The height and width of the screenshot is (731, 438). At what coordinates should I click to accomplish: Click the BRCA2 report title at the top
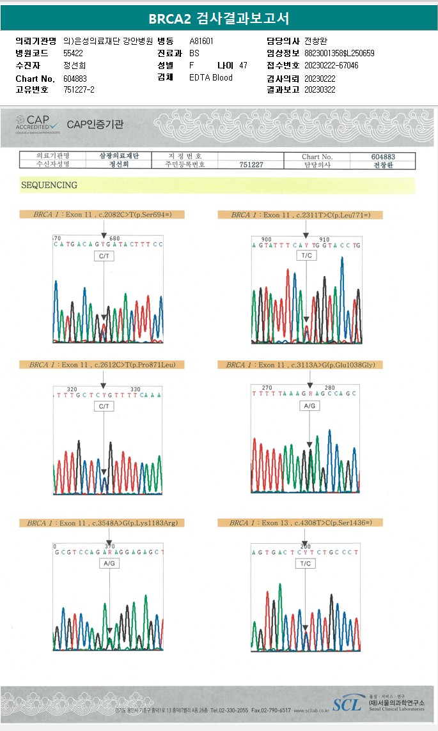point(219,17)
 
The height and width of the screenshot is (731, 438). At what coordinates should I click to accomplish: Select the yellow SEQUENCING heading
point(49,185)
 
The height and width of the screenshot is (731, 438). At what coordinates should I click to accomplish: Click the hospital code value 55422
point(74,53)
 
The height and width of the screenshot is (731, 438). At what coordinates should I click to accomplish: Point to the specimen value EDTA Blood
point(211,78)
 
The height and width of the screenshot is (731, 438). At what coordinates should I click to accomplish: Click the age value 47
point(243,66)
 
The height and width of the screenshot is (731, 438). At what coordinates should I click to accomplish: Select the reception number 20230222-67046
point(331,66)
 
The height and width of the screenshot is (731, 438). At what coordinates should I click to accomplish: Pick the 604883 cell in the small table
point(383,157)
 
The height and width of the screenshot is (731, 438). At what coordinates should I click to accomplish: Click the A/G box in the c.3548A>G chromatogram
point(109,564)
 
